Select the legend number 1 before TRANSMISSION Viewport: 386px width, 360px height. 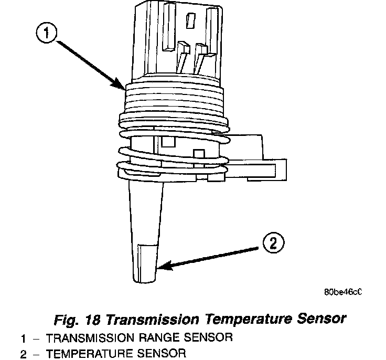[x=23, y=337]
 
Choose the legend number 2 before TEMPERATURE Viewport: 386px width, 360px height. [x=23, y=354]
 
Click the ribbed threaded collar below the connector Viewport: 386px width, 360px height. [x=173, y=97]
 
